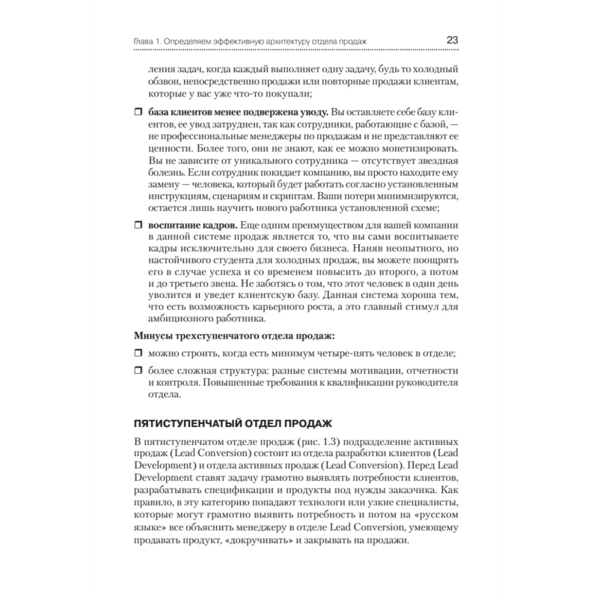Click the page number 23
pos(452,40)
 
